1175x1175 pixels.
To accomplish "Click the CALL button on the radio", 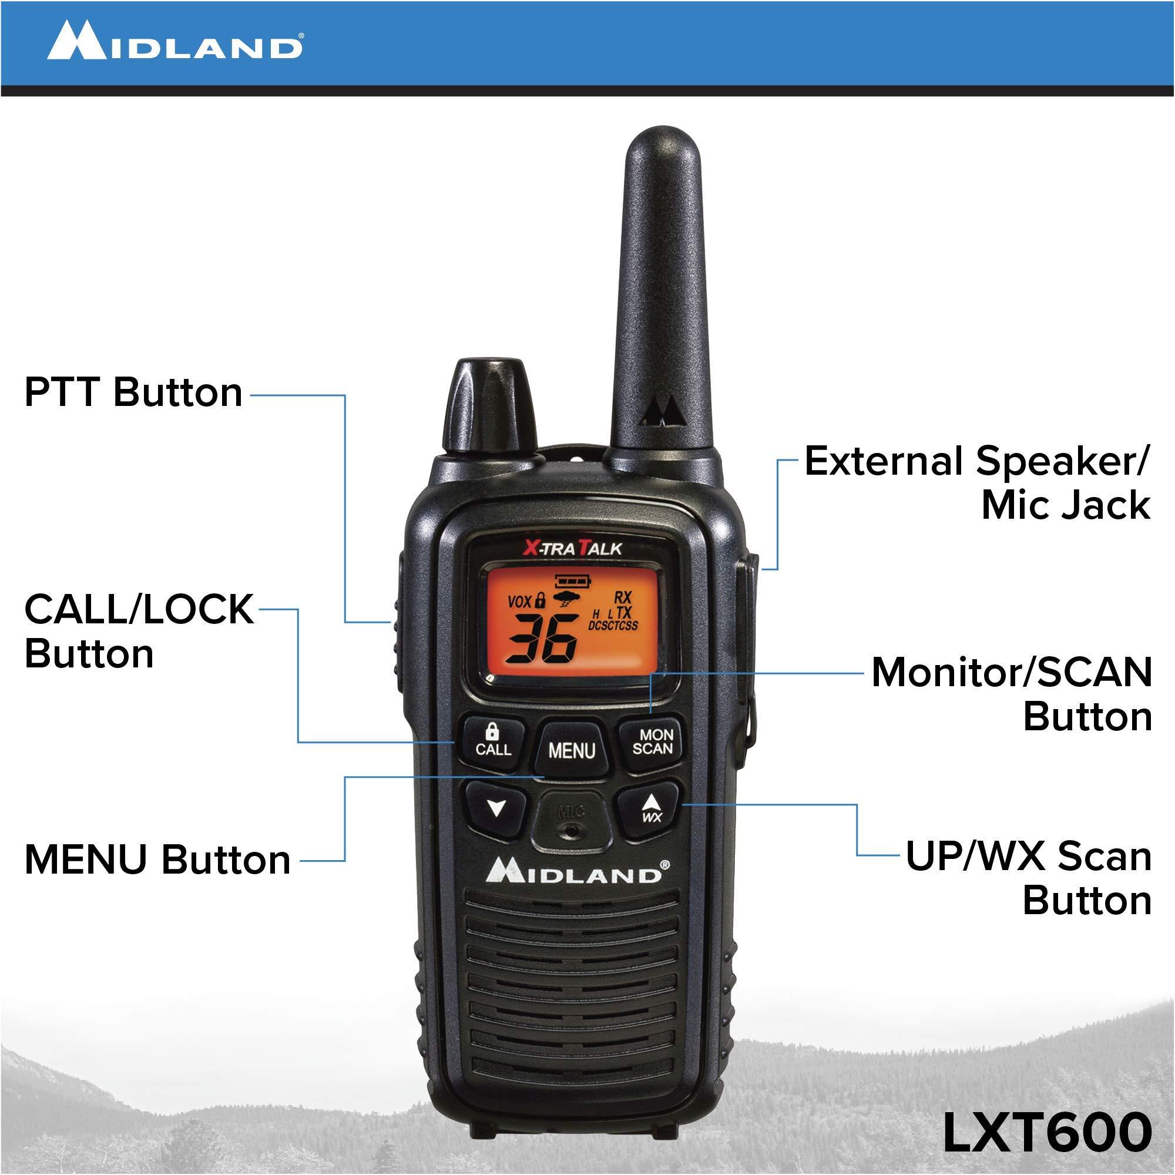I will tap(493, 741).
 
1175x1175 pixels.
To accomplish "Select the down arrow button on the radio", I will tap(496, 809).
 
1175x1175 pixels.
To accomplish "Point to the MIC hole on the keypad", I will tap(570, 829).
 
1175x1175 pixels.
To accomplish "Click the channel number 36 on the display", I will tap(540, 639).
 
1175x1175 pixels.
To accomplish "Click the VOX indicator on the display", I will tap(520, 602).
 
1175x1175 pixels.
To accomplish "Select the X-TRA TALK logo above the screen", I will tap(572, 549).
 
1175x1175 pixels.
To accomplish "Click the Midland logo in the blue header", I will tap(175, 41).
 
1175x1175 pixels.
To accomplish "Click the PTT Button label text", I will tap(133, 392).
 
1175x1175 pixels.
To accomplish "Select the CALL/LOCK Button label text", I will tap(138, 632).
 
